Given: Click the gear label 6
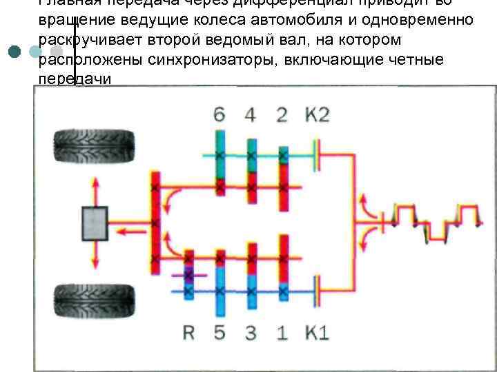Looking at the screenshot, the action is click(220, 115).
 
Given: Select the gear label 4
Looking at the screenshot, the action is click(250, 115).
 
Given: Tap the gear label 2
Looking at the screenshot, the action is click(282, 115).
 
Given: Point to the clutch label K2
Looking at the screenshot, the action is click(318, 115).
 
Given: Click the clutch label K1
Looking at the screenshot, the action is click(316, 333).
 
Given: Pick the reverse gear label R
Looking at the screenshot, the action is click(188, 333).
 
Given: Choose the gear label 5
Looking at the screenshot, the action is click(220, 333).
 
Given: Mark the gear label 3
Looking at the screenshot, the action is click(251, 333).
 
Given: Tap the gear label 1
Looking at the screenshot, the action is click(282, 333).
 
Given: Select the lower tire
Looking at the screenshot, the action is click(94, 302).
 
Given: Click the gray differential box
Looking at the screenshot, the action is click(95, 224).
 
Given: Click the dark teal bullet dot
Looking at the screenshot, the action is click(15, 52).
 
